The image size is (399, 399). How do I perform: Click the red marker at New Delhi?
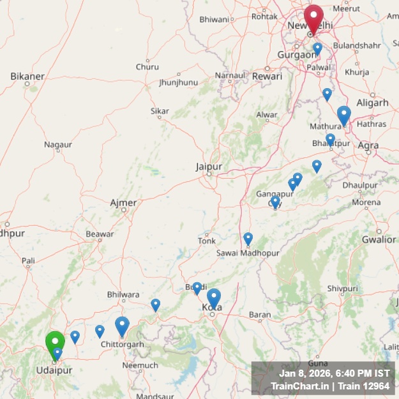[x=313, y=17]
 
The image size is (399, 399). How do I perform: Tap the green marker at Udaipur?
[x=55, y=343]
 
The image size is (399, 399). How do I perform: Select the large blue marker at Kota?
[x=214, y=297]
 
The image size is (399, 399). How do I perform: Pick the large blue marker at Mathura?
[x=344, y=115]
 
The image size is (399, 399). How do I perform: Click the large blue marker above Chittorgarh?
[x=122, y=326]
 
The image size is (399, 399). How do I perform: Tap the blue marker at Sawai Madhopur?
[x=248, y=239]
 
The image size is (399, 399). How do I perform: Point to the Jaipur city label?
[x=209, y=167]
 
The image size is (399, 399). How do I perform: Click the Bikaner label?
[x=27, y=76]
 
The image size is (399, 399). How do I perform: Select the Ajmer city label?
[x=123, y=203]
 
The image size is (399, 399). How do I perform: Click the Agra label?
[x=368, y=146]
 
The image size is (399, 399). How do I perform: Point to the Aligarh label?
[x=372, y=103]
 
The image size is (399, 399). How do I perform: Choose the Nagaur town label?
[x=58, y=144]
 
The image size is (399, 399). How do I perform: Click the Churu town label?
[x=147, y=66]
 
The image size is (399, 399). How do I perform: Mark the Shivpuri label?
[x=342, y=289]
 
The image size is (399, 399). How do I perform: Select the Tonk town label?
[x=207, y=241]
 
